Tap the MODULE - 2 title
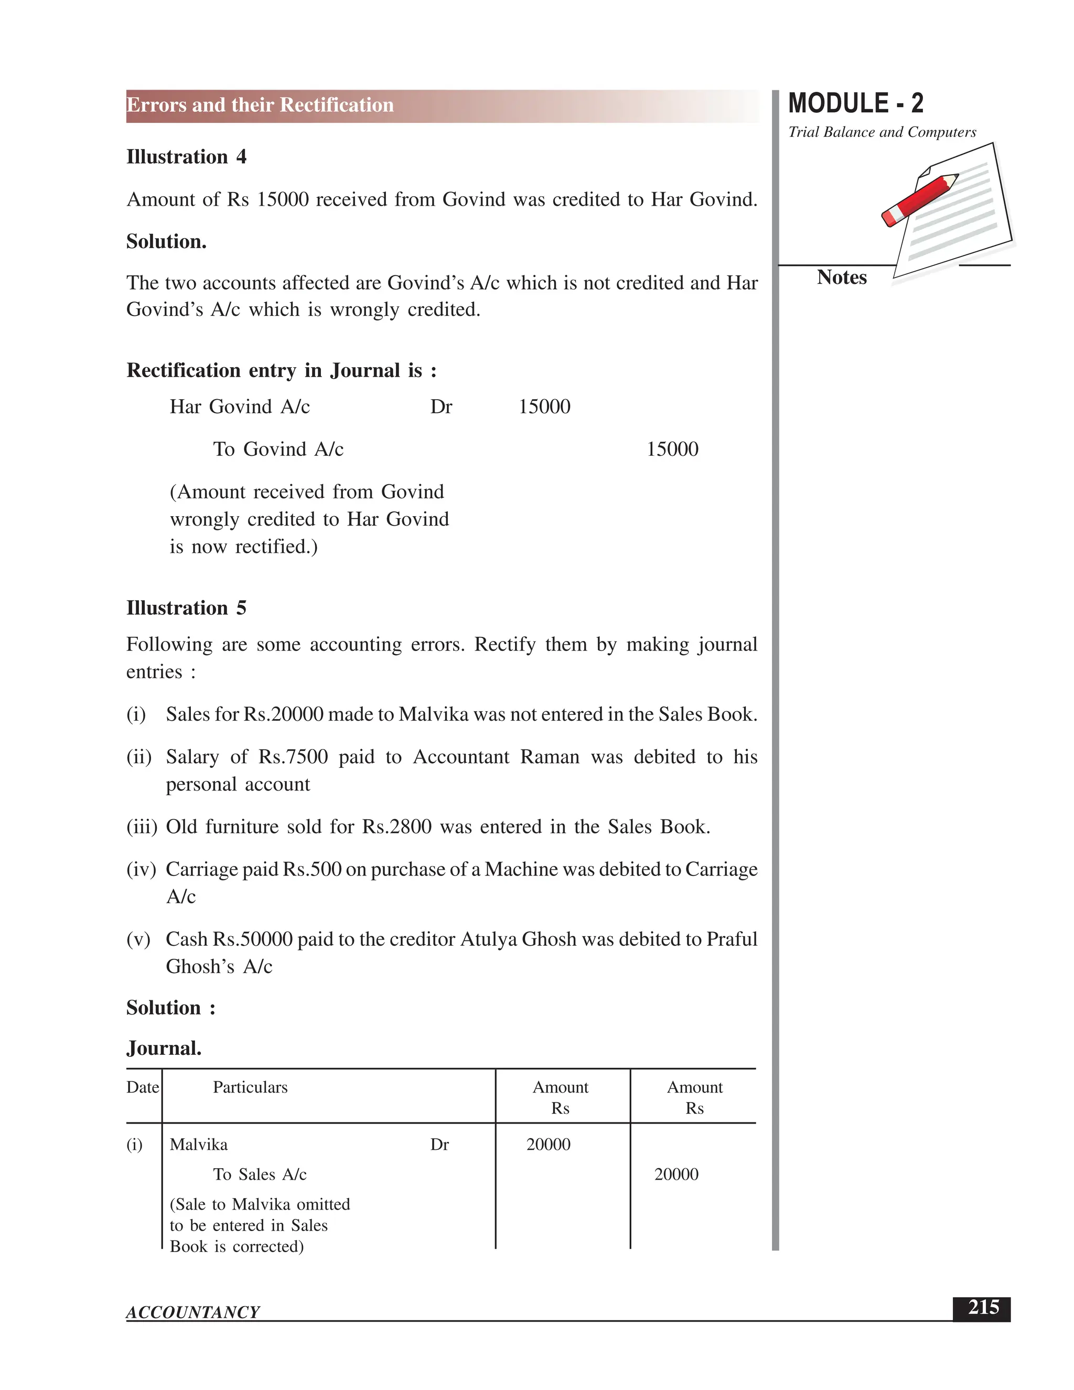tap(855, 103)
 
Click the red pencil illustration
tap(919, 200)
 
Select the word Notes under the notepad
tap(841, 277)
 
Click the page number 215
tap(983, 1308)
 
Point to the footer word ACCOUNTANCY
tap(193, 1312)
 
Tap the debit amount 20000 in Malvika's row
tap(548, 1145)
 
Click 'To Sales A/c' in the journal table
tap(260, 1174)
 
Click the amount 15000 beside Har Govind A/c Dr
tap(544, 407)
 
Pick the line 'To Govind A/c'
tap(278, 450)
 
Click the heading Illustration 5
tap(186, 608)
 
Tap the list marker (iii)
tap(141, 827)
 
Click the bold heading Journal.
tap(164, 1048)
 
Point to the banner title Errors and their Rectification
tap(260, 105)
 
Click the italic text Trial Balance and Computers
tap(882, 132)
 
